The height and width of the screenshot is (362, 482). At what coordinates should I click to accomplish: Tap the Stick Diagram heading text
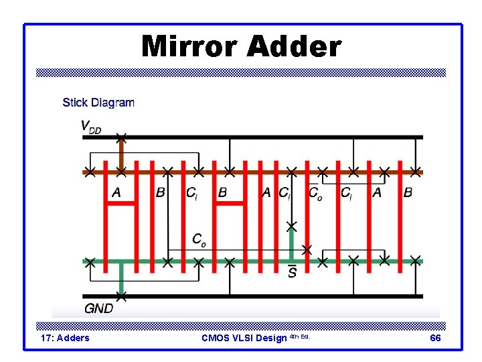pos(98,103)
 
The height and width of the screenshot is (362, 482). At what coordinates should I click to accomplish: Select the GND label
pos(98,309)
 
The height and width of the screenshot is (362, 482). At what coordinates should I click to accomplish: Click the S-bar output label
pos(292,272)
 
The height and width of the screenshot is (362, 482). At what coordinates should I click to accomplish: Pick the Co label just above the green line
pos(199,239)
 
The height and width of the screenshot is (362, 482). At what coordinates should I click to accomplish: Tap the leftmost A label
pos(116,193)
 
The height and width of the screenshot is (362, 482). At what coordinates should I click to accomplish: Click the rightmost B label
pos(408,193)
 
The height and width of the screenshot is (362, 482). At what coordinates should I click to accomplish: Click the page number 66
pos(435,338)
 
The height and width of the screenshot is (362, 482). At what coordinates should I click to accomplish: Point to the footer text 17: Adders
pos(65,338)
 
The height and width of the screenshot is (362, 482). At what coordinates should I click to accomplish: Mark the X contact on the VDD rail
pos(120,137)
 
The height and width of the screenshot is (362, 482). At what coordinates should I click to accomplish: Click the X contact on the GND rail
pos(120,295)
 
